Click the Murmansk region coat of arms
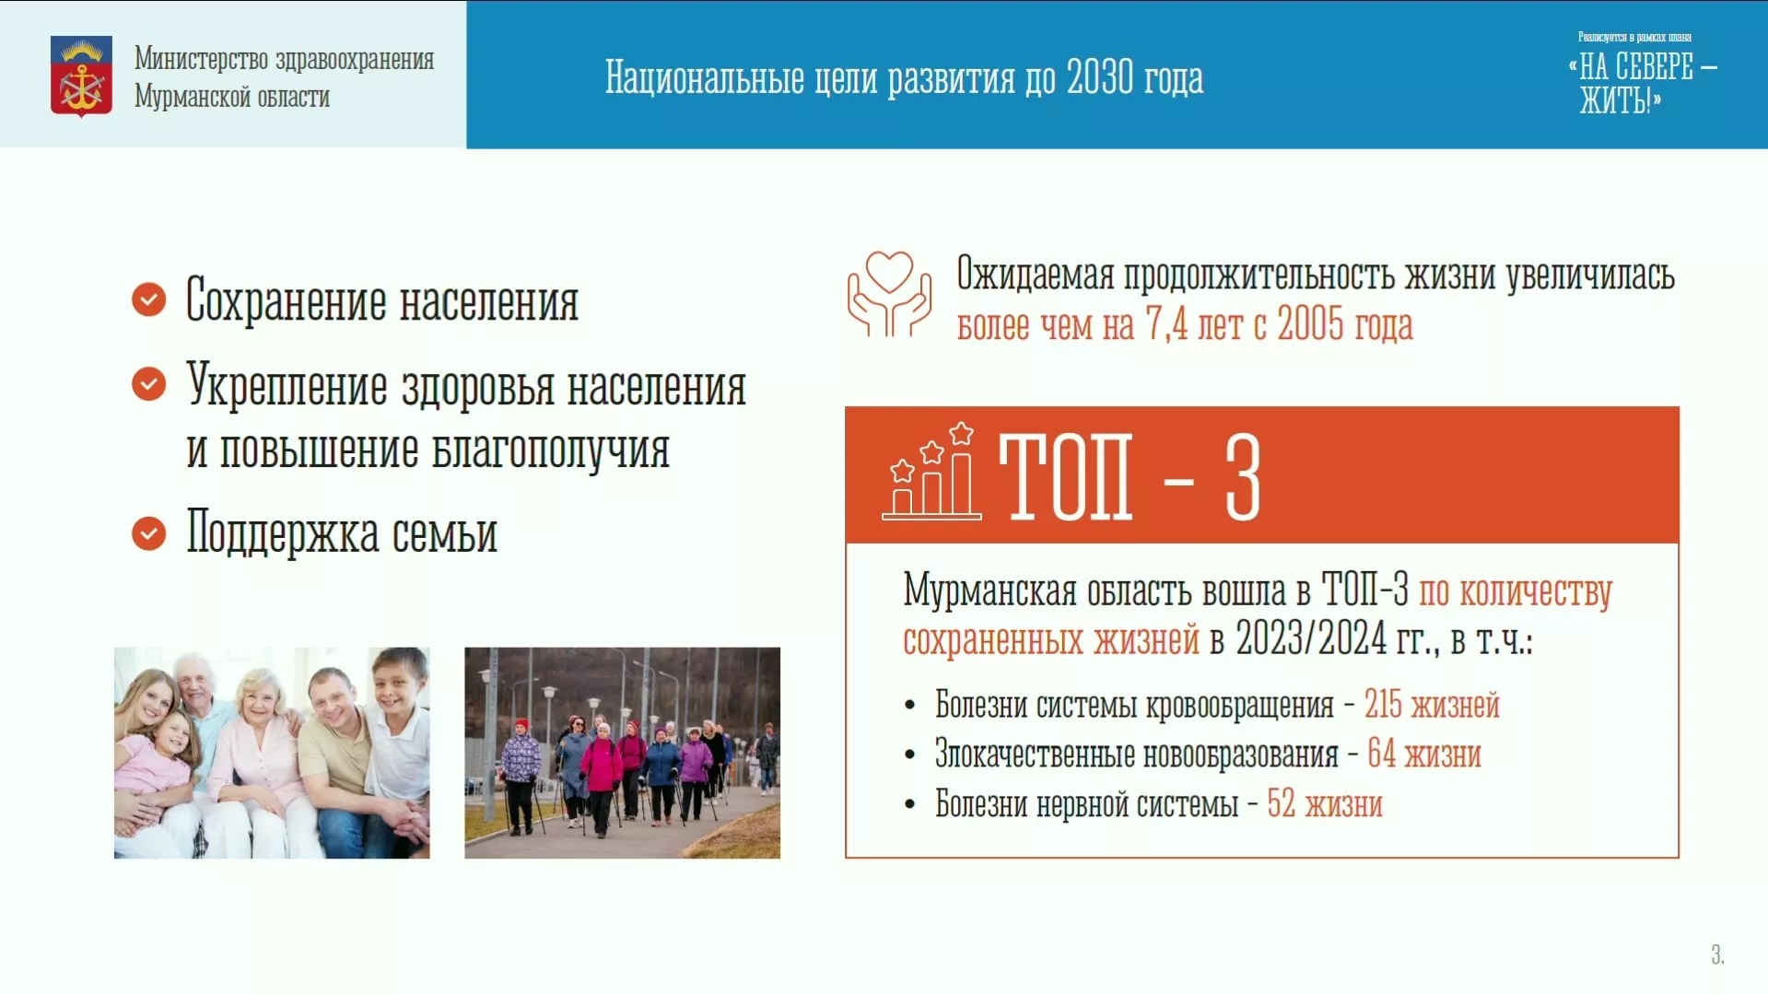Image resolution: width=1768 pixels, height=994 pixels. (x=81, y=76)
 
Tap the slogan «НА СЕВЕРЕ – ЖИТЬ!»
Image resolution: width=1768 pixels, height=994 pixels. (x=1642, y=83)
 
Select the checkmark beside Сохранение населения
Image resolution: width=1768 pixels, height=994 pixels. (x=148, y=299)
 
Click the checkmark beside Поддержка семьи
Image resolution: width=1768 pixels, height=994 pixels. (x=148, y=532)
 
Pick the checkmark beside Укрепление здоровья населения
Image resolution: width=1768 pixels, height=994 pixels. (x=148, y=383)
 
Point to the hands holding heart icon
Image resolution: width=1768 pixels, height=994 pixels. (x=889, y=293)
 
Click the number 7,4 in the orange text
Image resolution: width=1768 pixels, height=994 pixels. (x=1166, y=324)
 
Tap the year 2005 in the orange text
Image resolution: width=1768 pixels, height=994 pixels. (x=1310, y=323)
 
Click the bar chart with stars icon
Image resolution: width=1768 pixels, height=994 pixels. (x=931, y=471)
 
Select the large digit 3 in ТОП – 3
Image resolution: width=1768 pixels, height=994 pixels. (x=1243, y=477)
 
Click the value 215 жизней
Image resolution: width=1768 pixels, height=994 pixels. (x=1432, y=705)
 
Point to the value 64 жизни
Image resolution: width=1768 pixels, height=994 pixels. (x=1424, y=754)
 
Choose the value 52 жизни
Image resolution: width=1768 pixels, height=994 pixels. (x=1325, y=803)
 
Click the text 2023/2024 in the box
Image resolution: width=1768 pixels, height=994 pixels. (x=1310, y=637)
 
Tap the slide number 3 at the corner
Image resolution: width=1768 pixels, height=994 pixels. (x=1717, y=954)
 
